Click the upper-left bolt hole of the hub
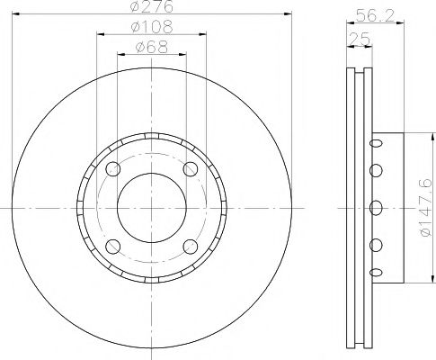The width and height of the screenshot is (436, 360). (x=112, y=170)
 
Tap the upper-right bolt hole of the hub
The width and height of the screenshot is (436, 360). (x=190, y=170)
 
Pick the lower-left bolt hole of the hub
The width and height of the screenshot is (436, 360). (x=112, y=247)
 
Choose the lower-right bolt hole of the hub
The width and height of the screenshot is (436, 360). (x=190, y=247)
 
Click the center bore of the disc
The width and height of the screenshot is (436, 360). (x=151, y=208)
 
